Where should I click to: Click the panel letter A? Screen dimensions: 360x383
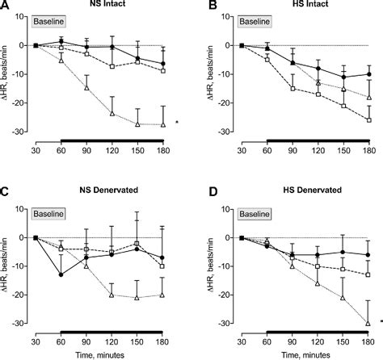pyautogui.click(x=6, y=6)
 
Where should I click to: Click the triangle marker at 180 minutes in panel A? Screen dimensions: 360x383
pyautogui.click(x=164, y=124)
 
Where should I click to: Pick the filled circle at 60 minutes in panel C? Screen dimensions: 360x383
pyautogui.click(x=61, y=275)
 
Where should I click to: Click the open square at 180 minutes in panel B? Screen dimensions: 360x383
pyautogui.click(x=370, y=119)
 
